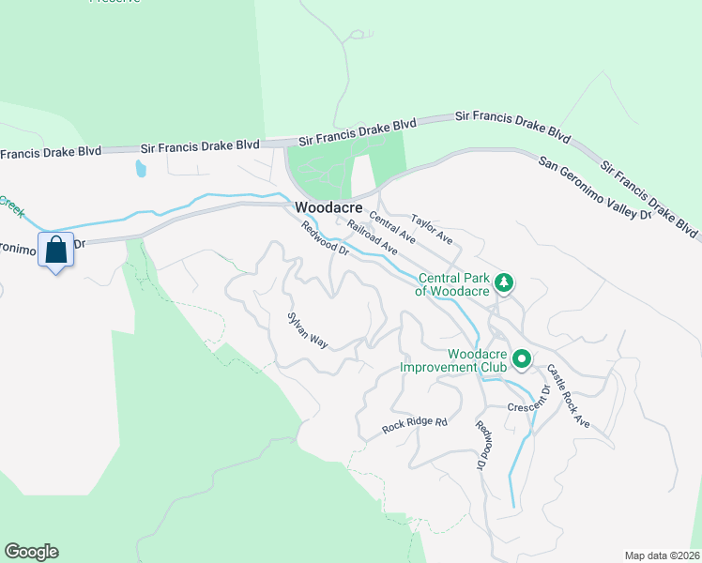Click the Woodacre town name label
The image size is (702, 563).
(x=328, y=207)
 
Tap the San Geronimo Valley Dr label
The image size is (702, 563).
(x=595, y=188)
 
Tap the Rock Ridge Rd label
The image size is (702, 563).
(x=415, y=425)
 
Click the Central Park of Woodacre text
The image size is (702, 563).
(x=454, y=284)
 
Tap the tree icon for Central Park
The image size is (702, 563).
(x=504, y=282)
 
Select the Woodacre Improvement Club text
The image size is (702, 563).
(x=452, y=360)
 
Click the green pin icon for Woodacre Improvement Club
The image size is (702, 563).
(x=522, y=359)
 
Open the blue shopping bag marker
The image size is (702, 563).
(x=55, y=251)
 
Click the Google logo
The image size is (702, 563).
(x=31, y=552)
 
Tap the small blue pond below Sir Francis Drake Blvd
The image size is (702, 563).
(x=141, y=169)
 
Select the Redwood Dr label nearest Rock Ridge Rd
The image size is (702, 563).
(x=482, y=445)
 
